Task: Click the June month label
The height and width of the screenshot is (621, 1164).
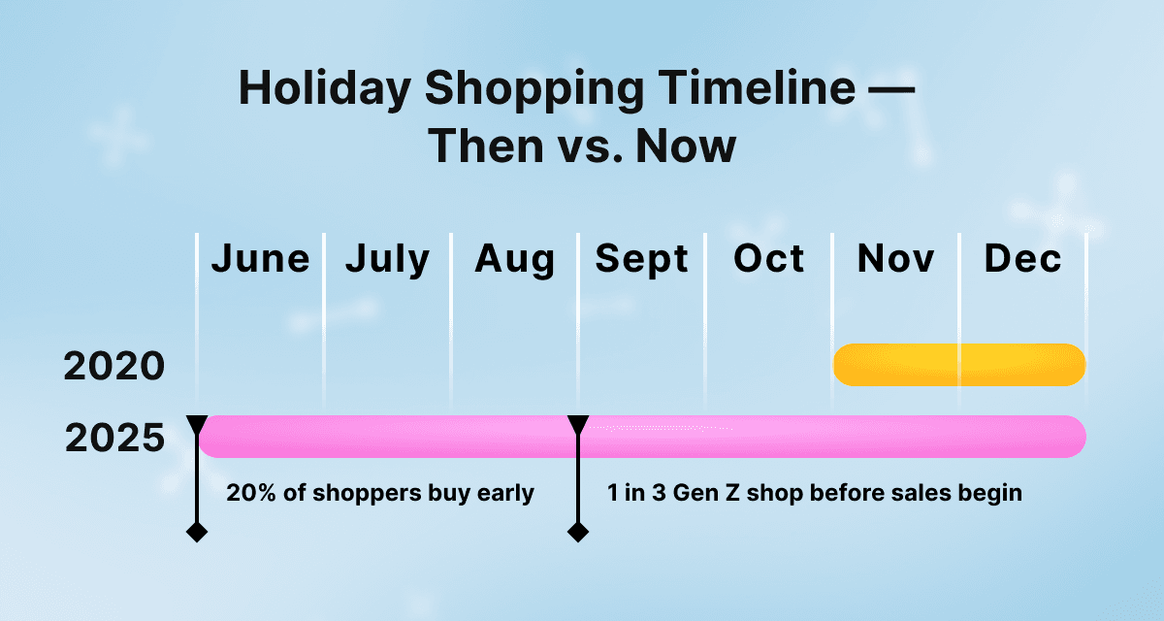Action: [x=260, y=258]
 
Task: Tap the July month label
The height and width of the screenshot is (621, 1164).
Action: [x=388, y=260]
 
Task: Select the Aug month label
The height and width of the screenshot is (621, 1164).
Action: [x=514, y=260]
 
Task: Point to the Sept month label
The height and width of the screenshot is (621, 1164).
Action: [x=641, y=260]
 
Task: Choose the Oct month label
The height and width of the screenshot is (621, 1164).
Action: [x=768, y=258]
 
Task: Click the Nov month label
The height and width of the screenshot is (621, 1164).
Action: [x=895, y=258]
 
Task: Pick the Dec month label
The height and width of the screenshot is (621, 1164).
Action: [x=1022, y=258]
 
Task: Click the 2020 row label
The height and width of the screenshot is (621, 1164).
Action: [x=113, y=366]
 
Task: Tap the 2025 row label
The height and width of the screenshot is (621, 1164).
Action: [x=114, y=438]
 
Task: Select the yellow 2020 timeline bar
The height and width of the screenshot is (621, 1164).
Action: [x=959, y=365]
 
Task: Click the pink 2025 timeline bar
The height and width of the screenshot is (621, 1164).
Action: [x=642, y=437]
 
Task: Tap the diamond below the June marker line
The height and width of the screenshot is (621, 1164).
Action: [x=197, y=532]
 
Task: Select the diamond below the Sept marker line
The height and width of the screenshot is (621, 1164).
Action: [x=578, y=532]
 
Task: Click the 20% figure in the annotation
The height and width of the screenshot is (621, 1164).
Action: [x=251, y=493]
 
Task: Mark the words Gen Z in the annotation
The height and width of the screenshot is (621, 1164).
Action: [x=706, y=493]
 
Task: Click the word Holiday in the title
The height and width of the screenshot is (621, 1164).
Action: [x=325, y=88]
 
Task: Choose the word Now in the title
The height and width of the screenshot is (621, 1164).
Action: [x=686, y=146]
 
